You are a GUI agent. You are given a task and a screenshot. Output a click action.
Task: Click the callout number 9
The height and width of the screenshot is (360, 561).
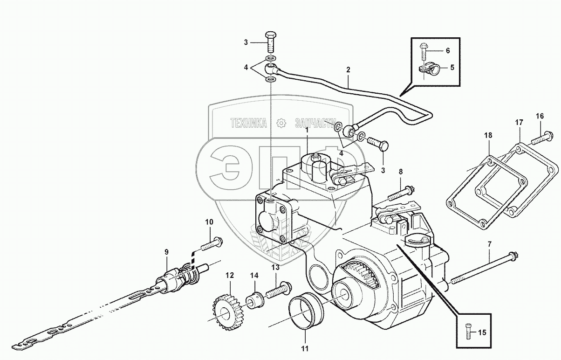(166, 252)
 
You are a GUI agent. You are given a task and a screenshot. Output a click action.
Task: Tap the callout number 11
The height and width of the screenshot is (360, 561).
(304, 347)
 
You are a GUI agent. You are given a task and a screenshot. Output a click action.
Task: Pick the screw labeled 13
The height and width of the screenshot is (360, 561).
(278, 291)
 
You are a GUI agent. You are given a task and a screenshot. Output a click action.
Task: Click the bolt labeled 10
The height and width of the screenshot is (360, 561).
(212, 243)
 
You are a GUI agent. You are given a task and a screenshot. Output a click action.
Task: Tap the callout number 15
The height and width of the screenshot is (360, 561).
(482, 332)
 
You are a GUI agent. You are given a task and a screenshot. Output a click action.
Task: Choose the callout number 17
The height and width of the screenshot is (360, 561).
(519, 122)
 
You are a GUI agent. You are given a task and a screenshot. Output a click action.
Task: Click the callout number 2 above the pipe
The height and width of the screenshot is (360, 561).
(348, 70)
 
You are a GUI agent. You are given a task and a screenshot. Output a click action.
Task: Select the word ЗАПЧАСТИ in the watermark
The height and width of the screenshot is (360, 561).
(315, 123)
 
